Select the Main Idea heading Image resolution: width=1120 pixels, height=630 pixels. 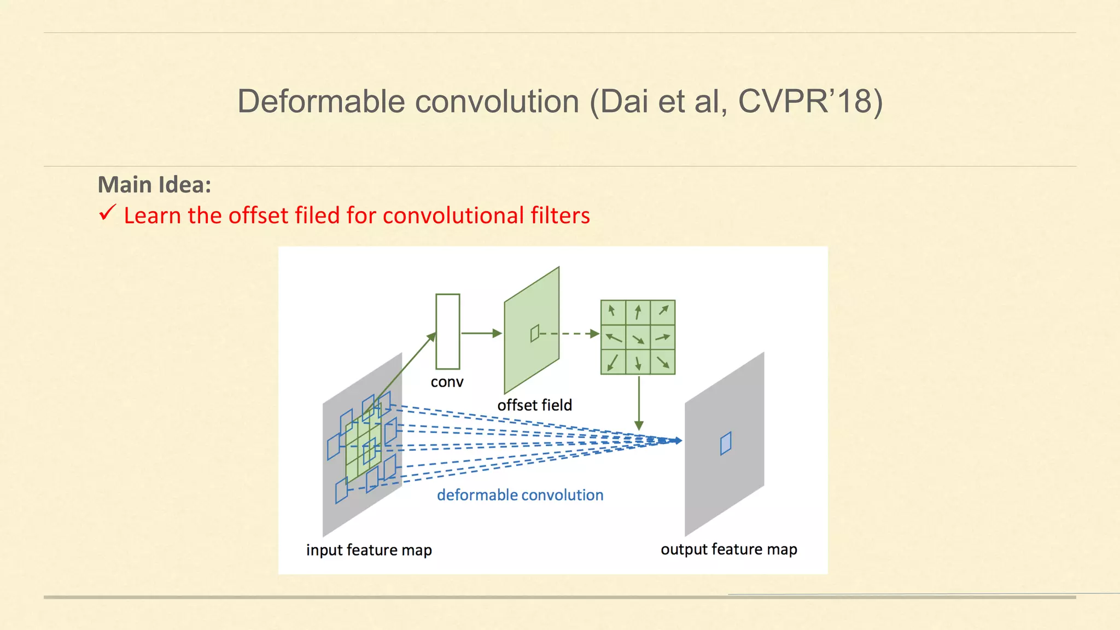(154, 185)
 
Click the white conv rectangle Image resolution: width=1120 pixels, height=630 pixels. (447, 331)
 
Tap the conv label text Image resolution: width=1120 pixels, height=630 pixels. (447, 382)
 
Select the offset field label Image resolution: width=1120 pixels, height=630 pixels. (534, 405)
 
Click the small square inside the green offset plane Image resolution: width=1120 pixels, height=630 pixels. (535, 333)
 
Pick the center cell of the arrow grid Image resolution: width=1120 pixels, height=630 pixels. (638, 337)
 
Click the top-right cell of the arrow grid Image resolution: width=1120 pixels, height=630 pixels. (663, 312)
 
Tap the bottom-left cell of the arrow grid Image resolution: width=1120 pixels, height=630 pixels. (613, 362)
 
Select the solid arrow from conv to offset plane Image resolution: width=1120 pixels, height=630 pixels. (480, 333)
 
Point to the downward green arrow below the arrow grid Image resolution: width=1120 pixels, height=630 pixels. (639, 402)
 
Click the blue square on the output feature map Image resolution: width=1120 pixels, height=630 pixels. (726, 444)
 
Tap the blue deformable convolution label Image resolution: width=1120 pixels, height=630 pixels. (520, 495)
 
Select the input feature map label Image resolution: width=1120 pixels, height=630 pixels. (369, 550)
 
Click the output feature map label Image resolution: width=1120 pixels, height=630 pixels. (728, 549)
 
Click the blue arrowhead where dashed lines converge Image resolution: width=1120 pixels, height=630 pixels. (677, 440)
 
